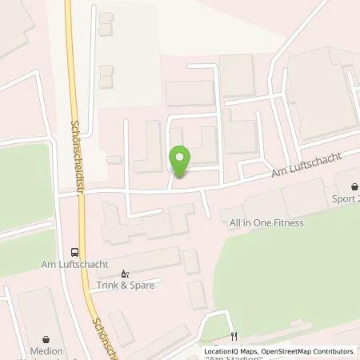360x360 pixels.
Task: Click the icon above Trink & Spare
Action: click(x=124, y=273)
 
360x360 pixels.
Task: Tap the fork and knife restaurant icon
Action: click(x=234, y=337)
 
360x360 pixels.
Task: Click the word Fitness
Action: click(x=286, y=222)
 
